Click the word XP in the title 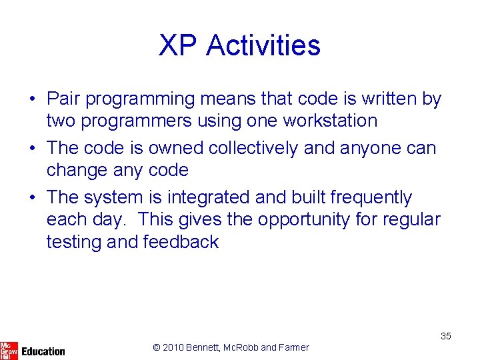pos(178,45)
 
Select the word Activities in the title pos(263,45)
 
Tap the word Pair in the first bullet pos(63,99)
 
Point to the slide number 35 pos(445,336)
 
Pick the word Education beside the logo pos(43,351)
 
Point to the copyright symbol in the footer pos(156,347)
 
